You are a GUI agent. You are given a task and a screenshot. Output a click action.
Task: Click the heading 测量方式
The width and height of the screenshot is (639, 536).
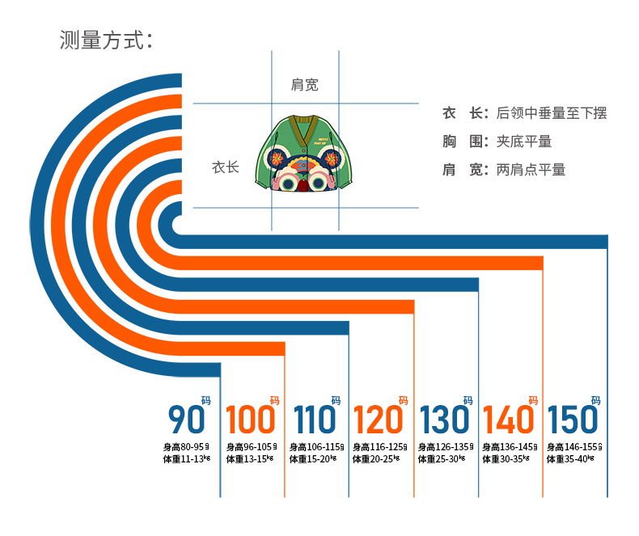pyautogui.click(x=106, y=40)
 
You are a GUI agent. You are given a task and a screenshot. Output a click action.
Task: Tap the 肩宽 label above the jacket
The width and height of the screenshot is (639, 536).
pyautogui.click(x=304, y=84)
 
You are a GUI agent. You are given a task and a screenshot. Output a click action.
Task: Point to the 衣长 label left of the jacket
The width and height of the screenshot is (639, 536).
pyautogui.click(x=226, y=167)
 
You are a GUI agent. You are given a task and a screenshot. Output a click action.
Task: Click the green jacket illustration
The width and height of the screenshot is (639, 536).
pyautogui.click(x=303, y=154)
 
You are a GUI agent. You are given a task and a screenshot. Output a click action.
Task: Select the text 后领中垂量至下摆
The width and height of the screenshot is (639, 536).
pyautogui.click(x=551, y=113)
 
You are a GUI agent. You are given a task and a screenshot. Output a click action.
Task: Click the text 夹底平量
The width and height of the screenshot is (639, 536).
pyautogui.click(x=523, y=141)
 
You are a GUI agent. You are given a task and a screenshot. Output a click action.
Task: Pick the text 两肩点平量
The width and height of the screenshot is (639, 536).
pyautogui.click(x=531, y=170)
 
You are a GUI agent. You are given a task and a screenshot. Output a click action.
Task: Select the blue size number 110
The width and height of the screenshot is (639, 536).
pyautogui.click(x=314, y=420)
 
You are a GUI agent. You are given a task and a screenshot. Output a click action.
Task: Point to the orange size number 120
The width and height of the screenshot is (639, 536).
pyautogui.click(x=378, y=420)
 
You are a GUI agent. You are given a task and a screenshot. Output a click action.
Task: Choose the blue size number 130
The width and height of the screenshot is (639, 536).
pyautogui.click(x=444, y=420)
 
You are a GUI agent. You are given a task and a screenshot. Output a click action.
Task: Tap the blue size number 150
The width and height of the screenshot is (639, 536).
pyautogui.click(x=573, y=420)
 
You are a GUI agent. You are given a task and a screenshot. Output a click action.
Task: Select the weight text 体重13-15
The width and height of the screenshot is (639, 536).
pyautogui.click(x=248, y=459)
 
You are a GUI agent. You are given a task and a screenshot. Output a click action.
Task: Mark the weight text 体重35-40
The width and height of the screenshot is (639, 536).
pyautogui.click(x=570, y=459)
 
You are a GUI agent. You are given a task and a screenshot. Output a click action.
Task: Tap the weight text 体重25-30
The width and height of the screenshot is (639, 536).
pyautogui.click(x=442, y=459)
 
